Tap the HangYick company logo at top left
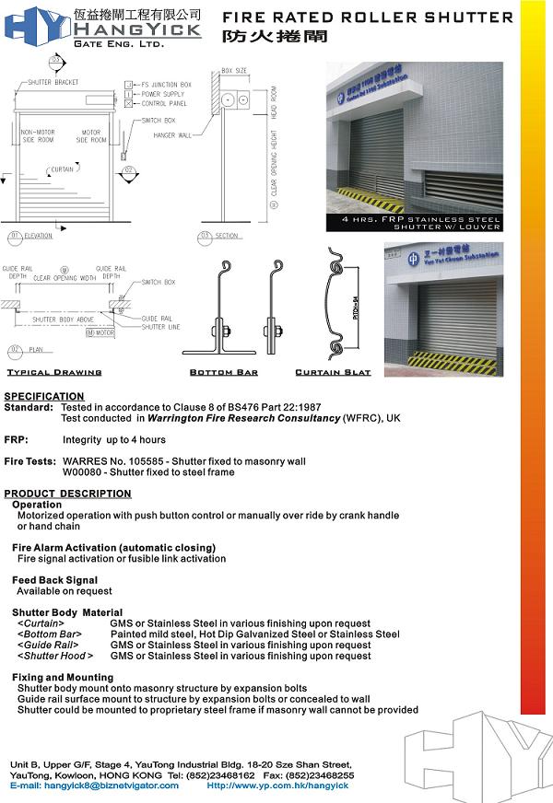(101, 25)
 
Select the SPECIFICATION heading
(44, 397)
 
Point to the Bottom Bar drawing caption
(224, 373)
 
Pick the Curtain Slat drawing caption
(333, 373)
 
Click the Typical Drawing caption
(54, 373)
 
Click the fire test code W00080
(80, 472)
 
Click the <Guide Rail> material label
(45, 646)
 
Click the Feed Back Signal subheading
(54, 581)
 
